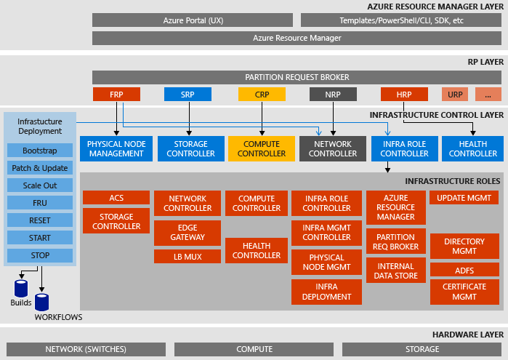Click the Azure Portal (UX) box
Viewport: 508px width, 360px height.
193,20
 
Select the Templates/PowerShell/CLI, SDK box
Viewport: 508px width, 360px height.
401,20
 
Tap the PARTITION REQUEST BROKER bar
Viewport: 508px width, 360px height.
297,77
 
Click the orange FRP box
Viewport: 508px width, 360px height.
116,94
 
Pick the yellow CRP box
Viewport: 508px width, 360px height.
261,94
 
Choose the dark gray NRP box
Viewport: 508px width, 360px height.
333,94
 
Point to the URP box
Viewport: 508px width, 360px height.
455,94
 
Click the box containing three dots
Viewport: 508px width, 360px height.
488,94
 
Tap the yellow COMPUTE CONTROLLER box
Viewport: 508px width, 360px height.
261,149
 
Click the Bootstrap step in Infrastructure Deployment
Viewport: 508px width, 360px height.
40,151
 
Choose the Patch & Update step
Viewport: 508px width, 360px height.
40,168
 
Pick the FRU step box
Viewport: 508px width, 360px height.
40,203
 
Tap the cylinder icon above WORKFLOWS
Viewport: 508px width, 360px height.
41,302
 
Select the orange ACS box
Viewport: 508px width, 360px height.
116,198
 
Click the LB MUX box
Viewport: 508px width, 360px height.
188,256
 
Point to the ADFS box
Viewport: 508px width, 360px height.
464,271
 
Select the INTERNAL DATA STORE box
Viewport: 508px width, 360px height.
396,271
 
